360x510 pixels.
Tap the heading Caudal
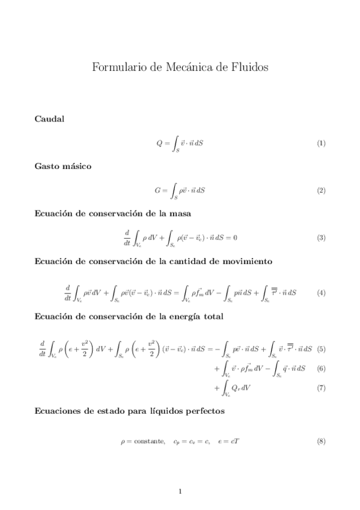tap(50, 119)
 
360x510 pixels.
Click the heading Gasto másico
tap(64, 166)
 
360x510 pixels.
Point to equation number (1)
tap(321, 144)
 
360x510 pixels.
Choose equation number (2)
tap(321, 191)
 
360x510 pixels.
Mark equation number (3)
tap(321, 238)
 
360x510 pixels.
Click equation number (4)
tap(321, 293)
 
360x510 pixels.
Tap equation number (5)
tap(321, 348)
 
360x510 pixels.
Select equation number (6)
tap(321, 368)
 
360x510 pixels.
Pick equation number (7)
tap(321, 388)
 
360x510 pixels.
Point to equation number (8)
tap(321, 441)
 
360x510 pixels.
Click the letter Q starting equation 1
tap(159, 144)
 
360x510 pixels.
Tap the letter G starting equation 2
tap(157, 191)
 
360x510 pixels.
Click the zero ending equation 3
tap(235, 238)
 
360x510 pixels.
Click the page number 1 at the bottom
tap(180, 491)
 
